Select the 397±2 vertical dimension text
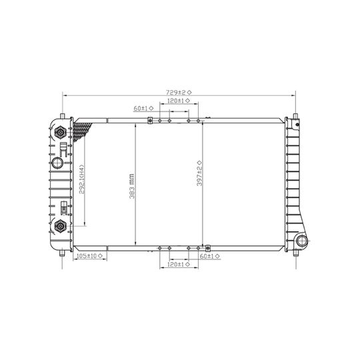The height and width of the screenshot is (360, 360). tap(199, 175)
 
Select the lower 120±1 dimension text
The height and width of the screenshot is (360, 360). tap(174, 265)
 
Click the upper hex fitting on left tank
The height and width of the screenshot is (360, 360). tap(60, 131)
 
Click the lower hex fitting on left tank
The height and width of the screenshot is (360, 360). tap(59, 225)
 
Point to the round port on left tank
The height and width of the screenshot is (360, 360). tap(58, 163)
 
